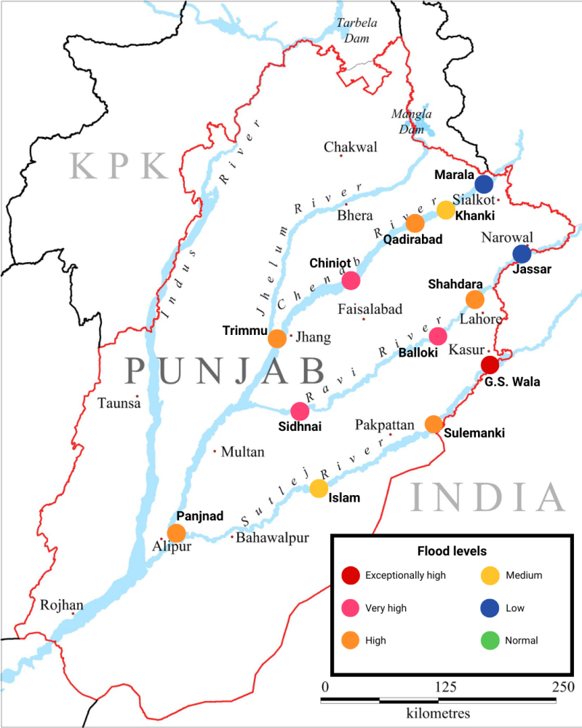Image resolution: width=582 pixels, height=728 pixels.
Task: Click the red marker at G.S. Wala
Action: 490,365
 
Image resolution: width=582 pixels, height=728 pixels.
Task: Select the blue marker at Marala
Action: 484,183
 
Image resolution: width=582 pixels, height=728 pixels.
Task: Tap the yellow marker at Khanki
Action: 446,210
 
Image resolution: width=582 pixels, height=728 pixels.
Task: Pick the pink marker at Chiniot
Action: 351,280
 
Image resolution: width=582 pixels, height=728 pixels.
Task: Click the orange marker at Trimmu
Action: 277,339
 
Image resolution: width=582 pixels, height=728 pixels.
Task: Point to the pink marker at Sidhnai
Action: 300,411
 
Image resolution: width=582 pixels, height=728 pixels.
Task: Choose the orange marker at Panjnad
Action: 176,533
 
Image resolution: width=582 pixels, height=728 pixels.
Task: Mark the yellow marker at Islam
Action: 319,488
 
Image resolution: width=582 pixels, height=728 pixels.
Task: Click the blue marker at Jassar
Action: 522,254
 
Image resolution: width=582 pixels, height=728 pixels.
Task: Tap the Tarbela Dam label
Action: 356,30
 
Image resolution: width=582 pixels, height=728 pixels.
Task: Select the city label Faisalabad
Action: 370,309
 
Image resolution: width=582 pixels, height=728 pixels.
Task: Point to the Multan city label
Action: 242,452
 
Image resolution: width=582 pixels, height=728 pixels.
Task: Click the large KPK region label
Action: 119,166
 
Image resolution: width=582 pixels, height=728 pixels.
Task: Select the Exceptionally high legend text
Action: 405,575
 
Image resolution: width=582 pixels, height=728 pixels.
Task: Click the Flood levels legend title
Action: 451,551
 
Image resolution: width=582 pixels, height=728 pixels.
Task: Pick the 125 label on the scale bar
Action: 446,687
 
